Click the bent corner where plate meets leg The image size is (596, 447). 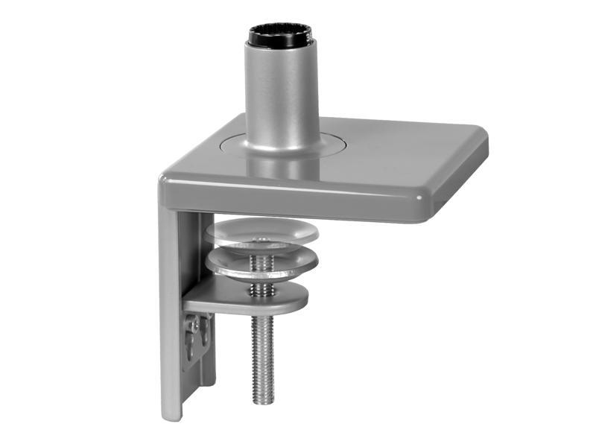[168, 186]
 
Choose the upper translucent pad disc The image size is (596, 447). [262, 232]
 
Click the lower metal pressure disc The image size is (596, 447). [262, 262]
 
